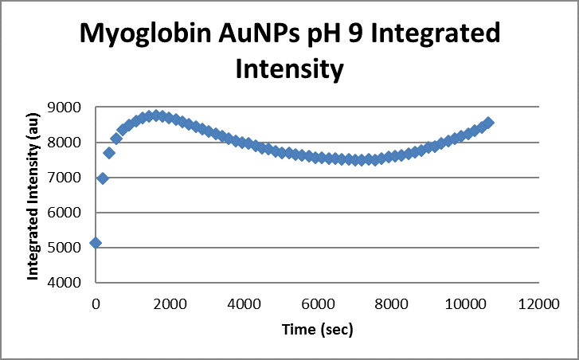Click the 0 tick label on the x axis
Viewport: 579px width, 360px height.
(x=96, y=303)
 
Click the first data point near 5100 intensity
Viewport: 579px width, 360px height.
(x=96, y=242)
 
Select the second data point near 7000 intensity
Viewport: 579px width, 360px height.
(x=103, y=178)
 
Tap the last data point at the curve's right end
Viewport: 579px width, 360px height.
(x=488, y=123)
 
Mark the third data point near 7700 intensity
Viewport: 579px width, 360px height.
(x=109, y=153)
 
